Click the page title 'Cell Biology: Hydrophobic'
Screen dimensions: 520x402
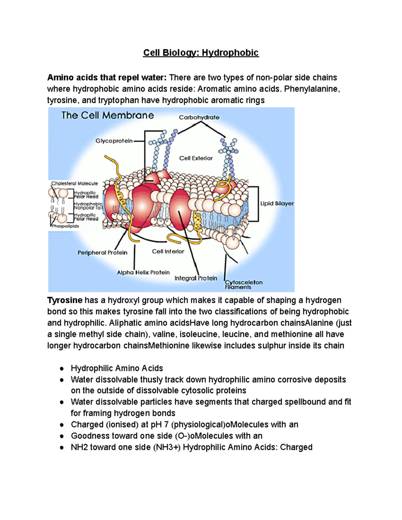(201, 53)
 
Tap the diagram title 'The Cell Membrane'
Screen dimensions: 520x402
(108, 116)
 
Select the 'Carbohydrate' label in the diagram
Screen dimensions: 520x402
(199, 118)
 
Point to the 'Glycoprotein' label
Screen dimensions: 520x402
(114, 141)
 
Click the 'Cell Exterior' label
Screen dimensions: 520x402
(196, 158)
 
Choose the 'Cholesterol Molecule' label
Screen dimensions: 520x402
(74, 183)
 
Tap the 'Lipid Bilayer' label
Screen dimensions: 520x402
(277, 204)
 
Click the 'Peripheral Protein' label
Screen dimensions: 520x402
(102, 252)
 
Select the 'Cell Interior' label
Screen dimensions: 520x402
(168, 251)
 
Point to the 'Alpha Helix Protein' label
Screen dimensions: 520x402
(143, 273)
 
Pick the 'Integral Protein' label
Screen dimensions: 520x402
(196, 278)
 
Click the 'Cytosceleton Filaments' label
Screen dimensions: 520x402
(243, 285)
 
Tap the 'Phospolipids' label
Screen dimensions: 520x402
(66, 226)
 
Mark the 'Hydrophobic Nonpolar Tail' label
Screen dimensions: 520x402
(88, 206)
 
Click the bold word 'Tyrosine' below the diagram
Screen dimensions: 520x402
(65, 300)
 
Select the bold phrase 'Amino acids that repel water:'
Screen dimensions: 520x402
(107, 78)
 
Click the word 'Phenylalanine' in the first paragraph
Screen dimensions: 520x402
(311, 89)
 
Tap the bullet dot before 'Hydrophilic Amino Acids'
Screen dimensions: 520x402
(62, 369)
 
